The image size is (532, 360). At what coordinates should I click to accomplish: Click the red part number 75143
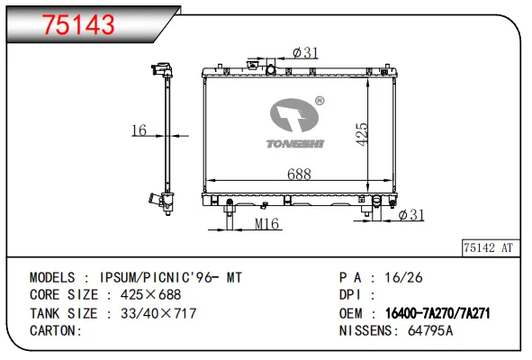click(78, 25)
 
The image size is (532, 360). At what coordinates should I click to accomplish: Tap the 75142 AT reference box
click(491, 247)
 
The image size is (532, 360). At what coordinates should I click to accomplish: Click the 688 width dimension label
click(299, 174)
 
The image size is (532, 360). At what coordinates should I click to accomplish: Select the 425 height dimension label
click(362, 134)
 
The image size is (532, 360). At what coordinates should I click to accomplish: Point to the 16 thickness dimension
click(139, 130)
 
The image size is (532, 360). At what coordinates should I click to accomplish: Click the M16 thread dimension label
click(266, 224)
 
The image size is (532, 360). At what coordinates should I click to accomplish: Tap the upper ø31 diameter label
click(305, 52)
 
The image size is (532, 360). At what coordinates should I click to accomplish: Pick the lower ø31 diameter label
click(411, 215)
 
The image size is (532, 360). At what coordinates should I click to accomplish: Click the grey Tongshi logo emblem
click(293, 115)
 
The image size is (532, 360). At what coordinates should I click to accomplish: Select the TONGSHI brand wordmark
click(295, 144)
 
